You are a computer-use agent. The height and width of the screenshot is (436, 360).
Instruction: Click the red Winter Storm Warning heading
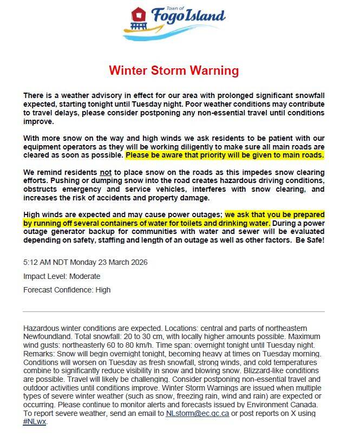(174, 70)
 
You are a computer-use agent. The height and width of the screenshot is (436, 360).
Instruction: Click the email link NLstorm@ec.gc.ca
(198, 413)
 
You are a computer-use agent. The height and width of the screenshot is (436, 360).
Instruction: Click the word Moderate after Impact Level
(81, 276)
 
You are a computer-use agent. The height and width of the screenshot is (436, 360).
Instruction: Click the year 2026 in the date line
(136, 263)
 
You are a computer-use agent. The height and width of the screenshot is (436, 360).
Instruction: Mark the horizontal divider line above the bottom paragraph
(173, 311)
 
